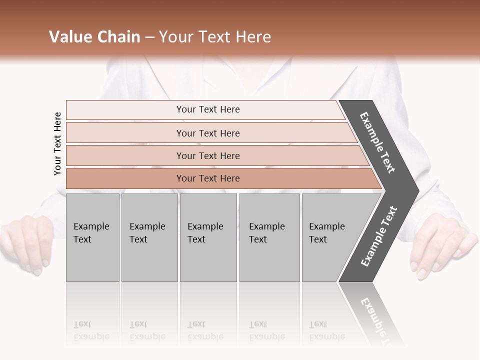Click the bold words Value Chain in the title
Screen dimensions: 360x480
point(94,37)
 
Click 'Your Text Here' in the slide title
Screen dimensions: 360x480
point(215,37)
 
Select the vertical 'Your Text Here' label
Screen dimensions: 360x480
point(57,143)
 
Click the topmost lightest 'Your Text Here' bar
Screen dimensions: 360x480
point(208,109)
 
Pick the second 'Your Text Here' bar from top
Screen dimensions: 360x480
point(208,133)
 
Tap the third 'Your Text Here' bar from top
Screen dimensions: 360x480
point(208,155)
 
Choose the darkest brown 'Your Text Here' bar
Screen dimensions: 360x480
point(208,178)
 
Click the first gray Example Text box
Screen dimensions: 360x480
point(92,237)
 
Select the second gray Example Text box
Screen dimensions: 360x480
point(149,237)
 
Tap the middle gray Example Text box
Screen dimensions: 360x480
point(208,237)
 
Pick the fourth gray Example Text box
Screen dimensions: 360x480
point(269,237)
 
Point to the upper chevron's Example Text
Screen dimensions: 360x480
point(377,142)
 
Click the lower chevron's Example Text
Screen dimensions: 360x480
point(378,236)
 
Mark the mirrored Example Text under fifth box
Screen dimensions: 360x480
point(326,330)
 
